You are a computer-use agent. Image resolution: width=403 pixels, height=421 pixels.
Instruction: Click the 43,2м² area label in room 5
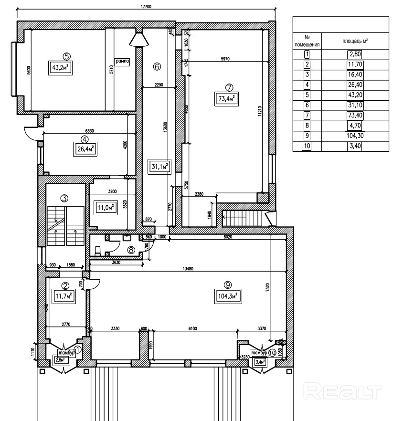click(60, 67)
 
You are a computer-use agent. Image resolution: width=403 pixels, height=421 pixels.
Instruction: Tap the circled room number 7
click(229, 87)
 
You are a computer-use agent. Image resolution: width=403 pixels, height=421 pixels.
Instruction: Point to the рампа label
click(122, 62)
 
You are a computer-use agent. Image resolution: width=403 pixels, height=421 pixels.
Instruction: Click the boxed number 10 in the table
click(307, 146)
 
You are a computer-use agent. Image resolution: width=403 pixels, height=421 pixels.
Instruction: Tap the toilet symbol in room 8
click(97, 250)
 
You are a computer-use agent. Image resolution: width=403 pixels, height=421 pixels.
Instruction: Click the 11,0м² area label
click(106, 208)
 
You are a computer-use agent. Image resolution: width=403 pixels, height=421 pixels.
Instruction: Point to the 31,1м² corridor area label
click(159, 167)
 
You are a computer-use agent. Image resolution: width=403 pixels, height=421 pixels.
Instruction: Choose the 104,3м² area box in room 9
click(227, 296)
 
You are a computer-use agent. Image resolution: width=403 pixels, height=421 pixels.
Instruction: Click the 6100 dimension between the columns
click(191, 328)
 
